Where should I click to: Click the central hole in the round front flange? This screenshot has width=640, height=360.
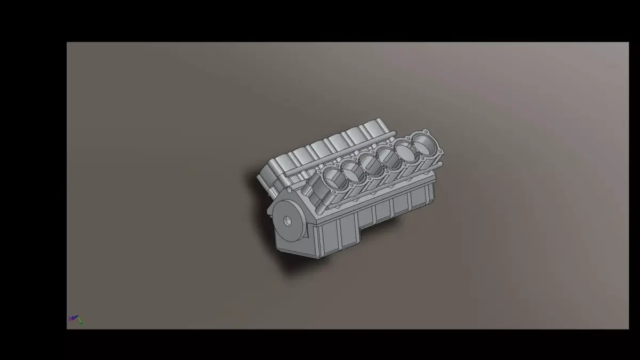pos(287,220)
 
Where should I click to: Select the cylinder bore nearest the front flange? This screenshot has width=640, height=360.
pos(332,181)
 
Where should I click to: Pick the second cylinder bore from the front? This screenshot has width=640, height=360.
pos(352,171)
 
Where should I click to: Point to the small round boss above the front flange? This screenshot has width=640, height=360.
pos(290,189)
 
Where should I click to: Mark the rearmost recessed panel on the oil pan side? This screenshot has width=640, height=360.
pos(419,200)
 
